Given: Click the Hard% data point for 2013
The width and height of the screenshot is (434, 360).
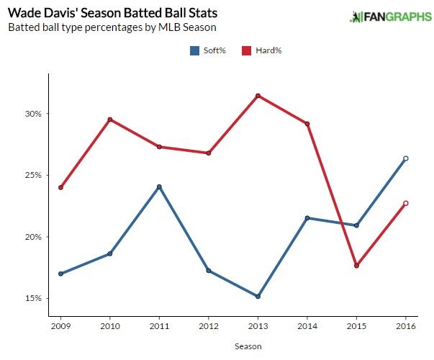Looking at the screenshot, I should (x=258, y=96).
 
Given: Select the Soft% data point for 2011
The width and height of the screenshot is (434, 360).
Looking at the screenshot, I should (x=159, y=187).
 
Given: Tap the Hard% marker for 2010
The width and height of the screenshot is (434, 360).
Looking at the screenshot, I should (x=110, y=120).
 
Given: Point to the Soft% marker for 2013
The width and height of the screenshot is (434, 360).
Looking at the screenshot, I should (x=258, y=296).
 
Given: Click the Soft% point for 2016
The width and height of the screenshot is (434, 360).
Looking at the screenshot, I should (x=406, y=158).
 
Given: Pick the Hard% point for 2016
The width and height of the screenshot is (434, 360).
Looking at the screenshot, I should (x=406, y=203).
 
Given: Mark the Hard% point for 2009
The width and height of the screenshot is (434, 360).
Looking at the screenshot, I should (x=60, y=187).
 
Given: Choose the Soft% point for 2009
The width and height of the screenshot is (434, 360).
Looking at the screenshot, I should (x=60, y=274).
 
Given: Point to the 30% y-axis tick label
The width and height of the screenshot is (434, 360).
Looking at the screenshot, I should (x=33, y=114).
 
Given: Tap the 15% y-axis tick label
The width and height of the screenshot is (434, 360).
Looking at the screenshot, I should (x=33, y=298).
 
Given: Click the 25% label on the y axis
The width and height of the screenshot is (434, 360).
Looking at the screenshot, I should (x=33, y=175).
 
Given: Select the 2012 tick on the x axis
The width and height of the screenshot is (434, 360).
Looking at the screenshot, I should (x=209, y=326).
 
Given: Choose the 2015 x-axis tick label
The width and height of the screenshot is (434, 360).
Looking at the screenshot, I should (x=356, y=326).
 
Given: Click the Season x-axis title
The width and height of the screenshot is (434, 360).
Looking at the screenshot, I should (x=248, y=346).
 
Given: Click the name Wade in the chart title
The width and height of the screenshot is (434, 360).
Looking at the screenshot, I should (x=23, y=13).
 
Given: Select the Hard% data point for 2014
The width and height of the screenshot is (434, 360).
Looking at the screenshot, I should (x=307, y=124).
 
